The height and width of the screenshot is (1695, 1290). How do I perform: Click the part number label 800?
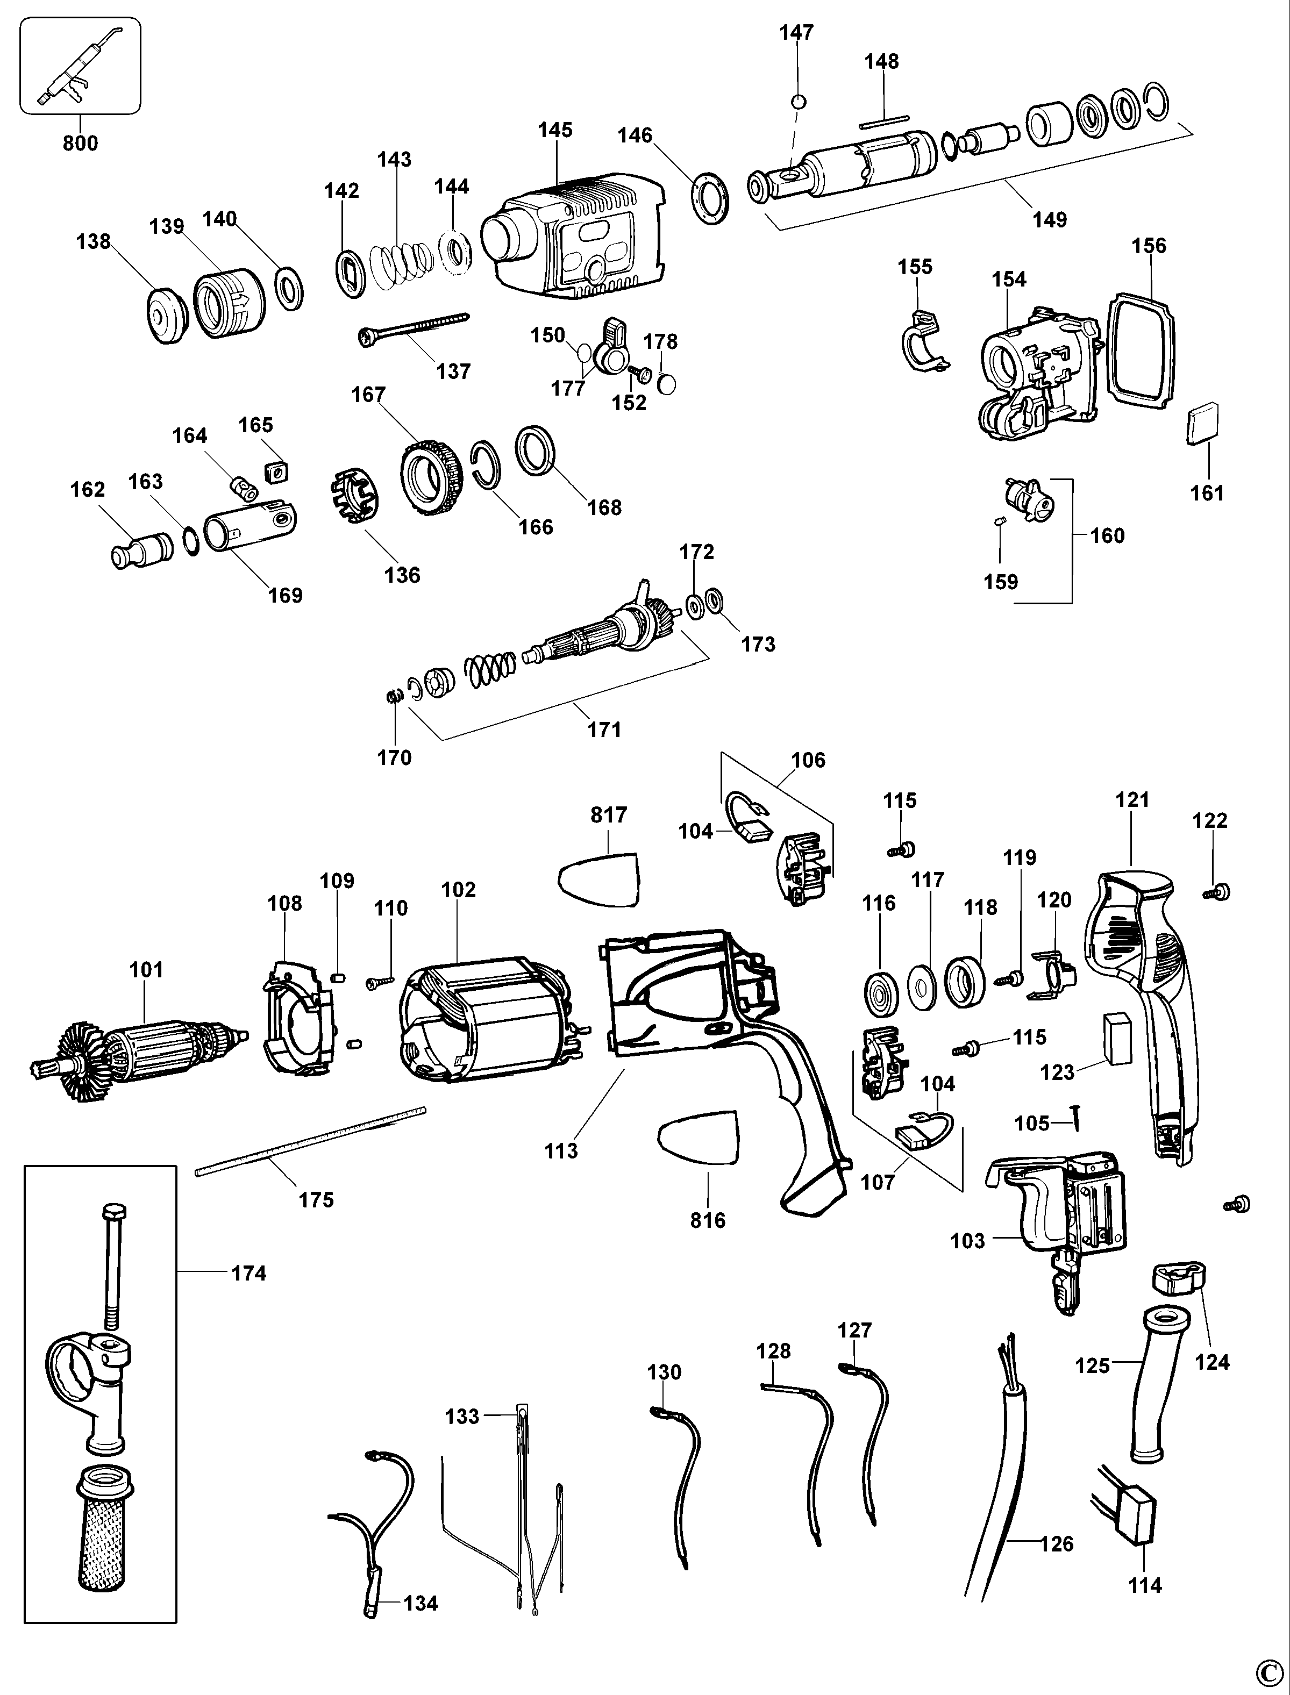tap(80, 144)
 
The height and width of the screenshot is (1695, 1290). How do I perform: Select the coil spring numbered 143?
tap(402, 265)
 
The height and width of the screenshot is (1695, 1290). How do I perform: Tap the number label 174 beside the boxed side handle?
tap(249, 1273)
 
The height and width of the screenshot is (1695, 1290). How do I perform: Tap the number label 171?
tap(604, 730)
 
